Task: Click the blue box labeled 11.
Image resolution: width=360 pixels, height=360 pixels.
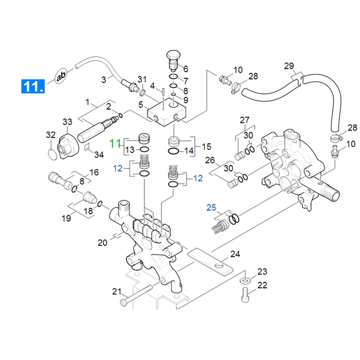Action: pos(33,86)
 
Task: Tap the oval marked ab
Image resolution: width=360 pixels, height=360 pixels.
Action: pos(61,76)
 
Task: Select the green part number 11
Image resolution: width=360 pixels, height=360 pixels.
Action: pos(115,143)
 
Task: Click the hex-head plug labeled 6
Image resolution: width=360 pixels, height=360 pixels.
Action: pos(173,60)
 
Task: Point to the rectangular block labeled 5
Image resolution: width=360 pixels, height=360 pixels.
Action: pos(167,113)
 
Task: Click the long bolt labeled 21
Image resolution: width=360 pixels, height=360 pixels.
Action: pos(137,296)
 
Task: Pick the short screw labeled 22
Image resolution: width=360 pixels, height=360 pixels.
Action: pos(245,295)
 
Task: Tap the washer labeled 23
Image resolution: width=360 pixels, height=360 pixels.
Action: pos(245,281)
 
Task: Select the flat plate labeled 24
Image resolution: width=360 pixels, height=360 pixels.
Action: pos(210,262)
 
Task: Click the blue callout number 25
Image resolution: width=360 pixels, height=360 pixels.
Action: pos(211,208)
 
